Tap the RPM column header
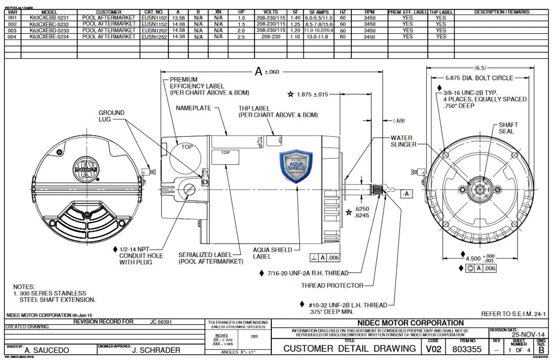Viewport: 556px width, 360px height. (369, 12)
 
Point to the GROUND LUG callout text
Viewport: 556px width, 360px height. (112, 116)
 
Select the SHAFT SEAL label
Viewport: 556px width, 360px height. (506, 128)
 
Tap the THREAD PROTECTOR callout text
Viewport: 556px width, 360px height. (332, 286)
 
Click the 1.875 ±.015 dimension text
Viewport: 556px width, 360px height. (312, 94)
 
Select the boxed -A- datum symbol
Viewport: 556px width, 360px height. (407, 194)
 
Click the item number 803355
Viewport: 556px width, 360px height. (467, 349)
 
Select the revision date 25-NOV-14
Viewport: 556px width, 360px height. (528, 335)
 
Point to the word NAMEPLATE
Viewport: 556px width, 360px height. (193, 107)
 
